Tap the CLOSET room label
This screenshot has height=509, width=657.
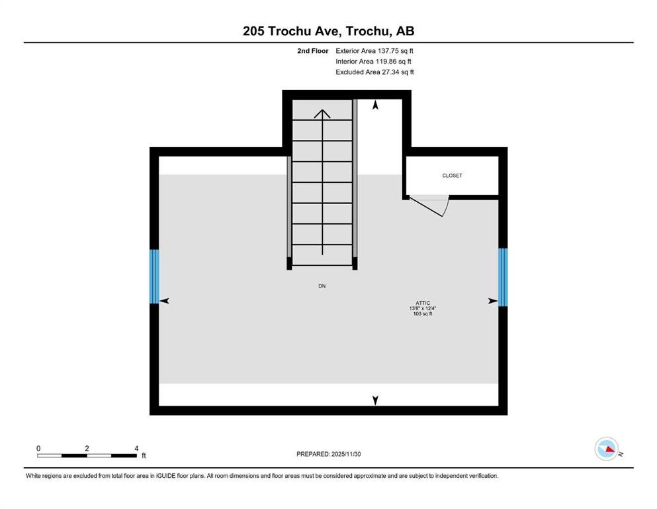(x=453, y=176)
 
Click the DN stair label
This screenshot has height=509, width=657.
(x=322, y=286)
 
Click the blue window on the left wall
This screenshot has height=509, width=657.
(x=154, y=276)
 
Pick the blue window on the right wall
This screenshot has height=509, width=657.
(x=503, y=277)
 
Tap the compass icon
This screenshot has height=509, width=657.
(x=606, y=449)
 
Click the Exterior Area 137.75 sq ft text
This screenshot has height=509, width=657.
(x=374, y=50)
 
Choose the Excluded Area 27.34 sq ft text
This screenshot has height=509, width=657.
(x=374, y=72)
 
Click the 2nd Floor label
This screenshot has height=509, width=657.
(x=312, y=50)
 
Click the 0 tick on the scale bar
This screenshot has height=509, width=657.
(x=38, y=449)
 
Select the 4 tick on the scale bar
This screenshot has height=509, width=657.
(x=136, y=449)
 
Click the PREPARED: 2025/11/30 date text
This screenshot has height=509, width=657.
(x=329, y=454)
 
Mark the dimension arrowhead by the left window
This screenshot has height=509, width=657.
(x=165, y=301)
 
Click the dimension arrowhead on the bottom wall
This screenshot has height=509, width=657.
(x=376, y=400)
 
